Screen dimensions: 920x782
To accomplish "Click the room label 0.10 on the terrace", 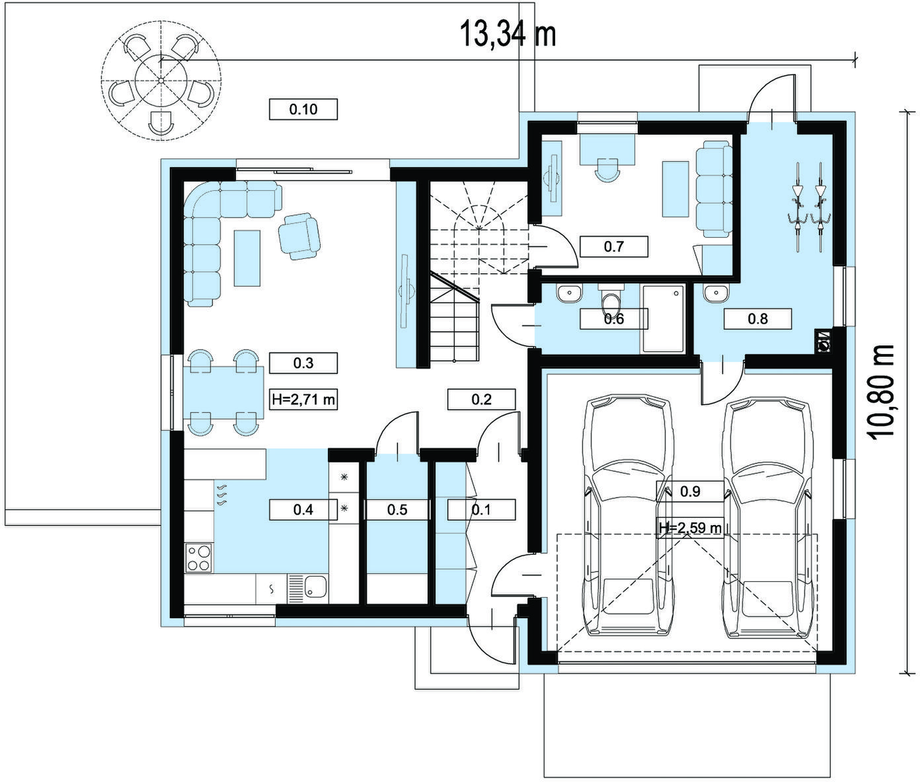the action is (x=303, y=110).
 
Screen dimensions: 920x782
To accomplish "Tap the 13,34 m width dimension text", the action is (x=508, y=34).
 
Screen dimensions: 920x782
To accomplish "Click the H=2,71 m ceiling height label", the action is (x=303, y=400).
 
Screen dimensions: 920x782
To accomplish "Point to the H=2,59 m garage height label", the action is (x=689, y=528).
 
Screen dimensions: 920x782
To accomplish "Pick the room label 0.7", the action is (x=614, y=246).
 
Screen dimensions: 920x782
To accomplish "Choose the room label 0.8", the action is (x=757, y=319).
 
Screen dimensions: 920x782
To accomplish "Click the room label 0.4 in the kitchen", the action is (x=303, y=510).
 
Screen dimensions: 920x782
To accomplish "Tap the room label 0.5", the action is (x=397, y=510).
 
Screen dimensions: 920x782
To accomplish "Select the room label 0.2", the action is (x=482, y=400).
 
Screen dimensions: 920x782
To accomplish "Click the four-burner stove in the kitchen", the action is (x=199, y=558).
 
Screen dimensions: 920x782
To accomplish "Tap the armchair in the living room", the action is (x=299, y=236).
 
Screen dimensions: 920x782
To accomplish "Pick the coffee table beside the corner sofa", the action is (x=247, y=258).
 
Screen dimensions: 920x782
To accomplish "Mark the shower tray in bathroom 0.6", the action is (x=662, y=319).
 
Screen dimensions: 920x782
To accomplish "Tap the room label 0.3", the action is (x=303, y=363).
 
